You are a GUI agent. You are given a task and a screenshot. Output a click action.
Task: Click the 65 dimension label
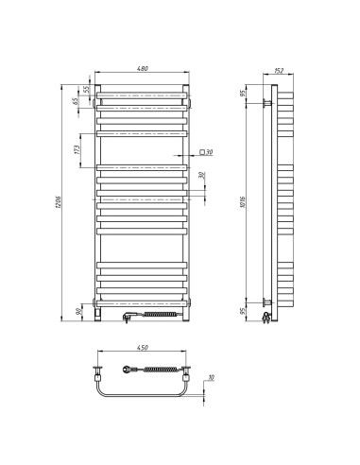pos(75,99)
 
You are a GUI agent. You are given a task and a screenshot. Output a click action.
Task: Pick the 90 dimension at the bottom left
pos(76,311)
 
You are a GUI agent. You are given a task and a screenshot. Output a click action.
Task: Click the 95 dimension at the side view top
pos(244,93)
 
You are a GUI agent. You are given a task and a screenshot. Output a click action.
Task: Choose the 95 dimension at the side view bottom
pos(244,311)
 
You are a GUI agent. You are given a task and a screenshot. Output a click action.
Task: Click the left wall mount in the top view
pos(98,370)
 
